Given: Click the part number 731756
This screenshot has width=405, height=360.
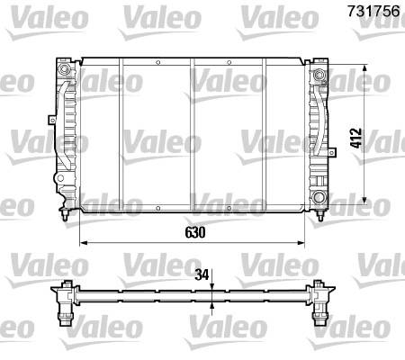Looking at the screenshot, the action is point(373,11).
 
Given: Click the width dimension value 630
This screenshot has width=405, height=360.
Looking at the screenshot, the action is point(195,232).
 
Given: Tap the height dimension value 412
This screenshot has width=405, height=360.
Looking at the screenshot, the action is point(356,138).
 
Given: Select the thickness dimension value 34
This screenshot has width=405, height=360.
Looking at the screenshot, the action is point(202,274).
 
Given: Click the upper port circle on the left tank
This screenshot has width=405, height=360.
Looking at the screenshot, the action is point(64,69).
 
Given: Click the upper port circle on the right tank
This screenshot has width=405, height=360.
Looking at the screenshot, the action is point(319,74).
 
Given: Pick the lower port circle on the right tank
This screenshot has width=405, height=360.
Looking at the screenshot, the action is point(319,197).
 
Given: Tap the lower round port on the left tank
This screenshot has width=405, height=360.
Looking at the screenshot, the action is point(60,178).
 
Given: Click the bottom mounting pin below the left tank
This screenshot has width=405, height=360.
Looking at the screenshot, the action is point(65,215).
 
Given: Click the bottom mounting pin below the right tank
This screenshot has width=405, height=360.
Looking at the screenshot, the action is point(320,215).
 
